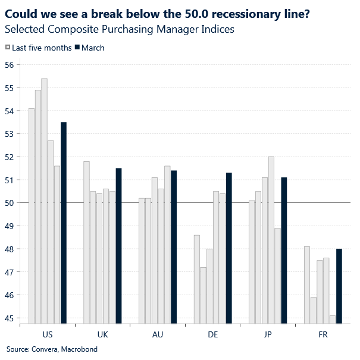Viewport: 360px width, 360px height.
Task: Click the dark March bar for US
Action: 64,223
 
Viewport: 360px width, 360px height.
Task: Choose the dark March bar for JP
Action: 284,251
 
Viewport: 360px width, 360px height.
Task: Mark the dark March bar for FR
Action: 339,286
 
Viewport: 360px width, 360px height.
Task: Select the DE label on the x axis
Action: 212,335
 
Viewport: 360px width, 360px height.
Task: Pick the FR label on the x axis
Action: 323,335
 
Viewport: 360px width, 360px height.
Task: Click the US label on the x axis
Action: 48,335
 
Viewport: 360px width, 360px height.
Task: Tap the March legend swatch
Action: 78,48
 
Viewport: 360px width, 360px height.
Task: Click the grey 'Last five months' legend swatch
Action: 8,48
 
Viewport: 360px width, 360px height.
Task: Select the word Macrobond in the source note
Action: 80,349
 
